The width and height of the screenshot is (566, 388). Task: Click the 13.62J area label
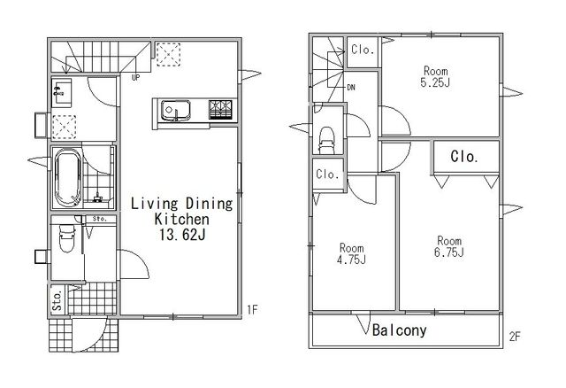pyautogui.click(x=183, y=235)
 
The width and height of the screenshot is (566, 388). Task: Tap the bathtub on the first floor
pyautogui.click(x=68, y=178)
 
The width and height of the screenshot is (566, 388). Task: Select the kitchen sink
pyautogui.click(x=176, y=110)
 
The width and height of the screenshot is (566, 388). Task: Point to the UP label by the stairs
pyautogui.click(x=135, y=77)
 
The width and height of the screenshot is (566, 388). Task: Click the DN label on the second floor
pyautogui.click(x=351, y=87)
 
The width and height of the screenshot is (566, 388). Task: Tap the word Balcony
pyautogui.click(x=399, y=330)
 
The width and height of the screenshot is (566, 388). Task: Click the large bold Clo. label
pyautogui.click(x=464, y=157)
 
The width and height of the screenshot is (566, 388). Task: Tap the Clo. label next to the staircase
pyautogui.click(x=363, y=50)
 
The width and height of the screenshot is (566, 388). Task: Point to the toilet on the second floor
pyautogui.click(x=327, y=140)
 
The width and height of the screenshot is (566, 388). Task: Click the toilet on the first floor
pyautogui.click(x=67, y=238)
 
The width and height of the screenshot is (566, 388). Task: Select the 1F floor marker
pyautogui.click(x=252, y=310)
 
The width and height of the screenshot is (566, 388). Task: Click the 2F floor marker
pyautogui.click(x=515, y=337)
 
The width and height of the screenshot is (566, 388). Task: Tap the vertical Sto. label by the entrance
pyautogui.click(x=57, y=299)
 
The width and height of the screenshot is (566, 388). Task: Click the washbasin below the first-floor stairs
pyautogui.click(x=62, y=92)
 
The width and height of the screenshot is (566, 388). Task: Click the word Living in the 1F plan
pyautogui.click(x=155, y=204)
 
